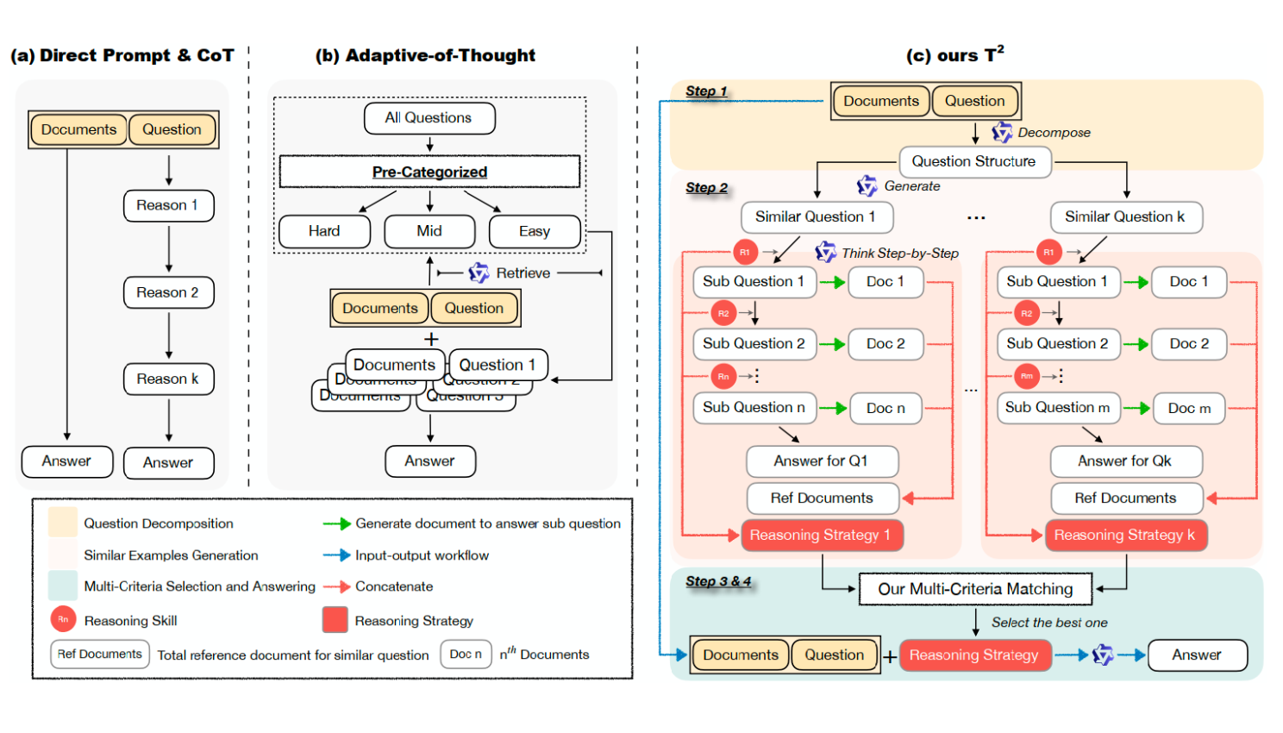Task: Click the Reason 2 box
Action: pos(168,292)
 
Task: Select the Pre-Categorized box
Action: pos(429,172)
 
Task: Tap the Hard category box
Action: pos(324,231)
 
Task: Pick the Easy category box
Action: pos(535,231)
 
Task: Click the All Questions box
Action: pos(429,118)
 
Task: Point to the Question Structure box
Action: pos(974,161)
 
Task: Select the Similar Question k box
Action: pos(1124,217)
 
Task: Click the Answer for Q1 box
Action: pos(821,461)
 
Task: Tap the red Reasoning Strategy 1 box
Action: pos(820,535)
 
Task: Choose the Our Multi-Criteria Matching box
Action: pos(975,589)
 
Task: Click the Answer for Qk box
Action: pos(1124,461)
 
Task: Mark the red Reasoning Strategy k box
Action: pos(1124,535)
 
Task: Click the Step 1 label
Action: pos(706,91)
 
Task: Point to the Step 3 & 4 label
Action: pos(718,581)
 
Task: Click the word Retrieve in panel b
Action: pos(523,273)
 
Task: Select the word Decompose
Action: pos(1054,133)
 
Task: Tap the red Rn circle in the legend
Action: pos(63,619)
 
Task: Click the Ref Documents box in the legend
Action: pos(100,655)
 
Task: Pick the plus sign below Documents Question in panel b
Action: pos(431,340)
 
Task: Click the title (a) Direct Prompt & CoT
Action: pos(122,56)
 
